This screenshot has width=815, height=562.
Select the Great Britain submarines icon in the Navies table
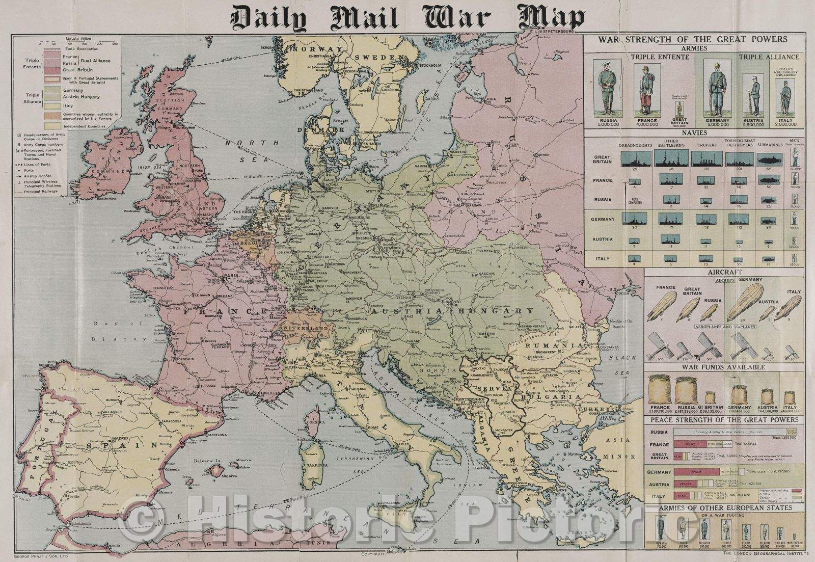(767, 159)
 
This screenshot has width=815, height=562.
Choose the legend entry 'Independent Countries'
(84, 126)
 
